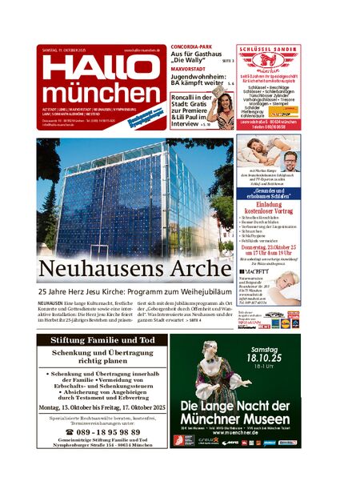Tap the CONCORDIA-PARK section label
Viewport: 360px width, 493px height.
[x=191, y=48]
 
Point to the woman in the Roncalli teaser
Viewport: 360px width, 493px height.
[x=226, y=111]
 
